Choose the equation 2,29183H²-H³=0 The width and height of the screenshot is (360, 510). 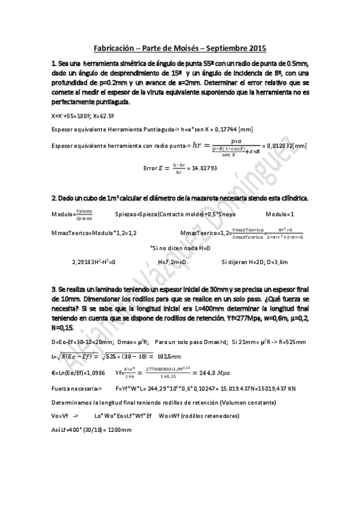[93, 262]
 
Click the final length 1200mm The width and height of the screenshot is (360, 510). [118, 431]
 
